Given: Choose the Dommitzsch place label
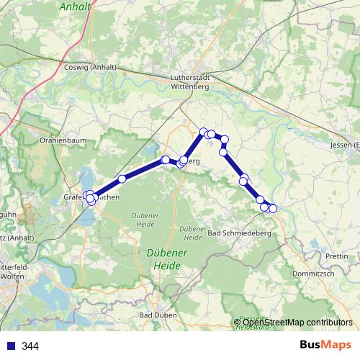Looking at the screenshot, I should point(312,274).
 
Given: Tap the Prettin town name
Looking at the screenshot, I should point(336,256).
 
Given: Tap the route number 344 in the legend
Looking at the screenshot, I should point(30,346).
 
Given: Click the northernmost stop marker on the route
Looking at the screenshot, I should point(204,132).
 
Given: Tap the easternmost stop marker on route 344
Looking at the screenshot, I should point(273,209).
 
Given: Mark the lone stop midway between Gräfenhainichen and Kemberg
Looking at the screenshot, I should point(122,179).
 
